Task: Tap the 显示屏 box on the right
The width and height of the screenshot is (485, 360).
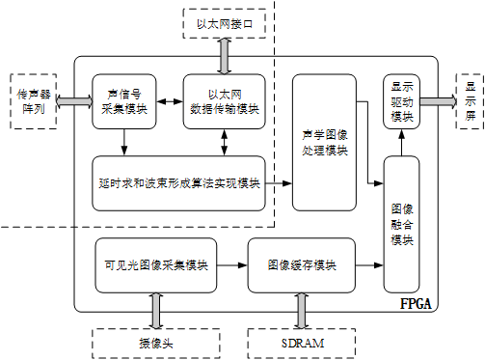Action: [471, 99]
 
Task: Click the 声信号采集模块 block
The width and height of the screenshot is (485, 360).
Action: [123, 101]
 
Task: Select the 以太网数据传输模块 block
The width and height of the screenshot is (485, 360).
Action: [224, 101]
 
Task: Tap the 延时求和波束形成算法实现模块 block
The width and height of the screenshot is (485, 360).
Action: [178, 182]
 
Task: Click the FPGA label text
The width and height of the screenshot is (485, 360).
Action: [416, 304]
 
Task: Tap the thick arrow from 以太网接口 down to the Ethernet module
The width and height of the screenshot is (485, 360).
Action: [224, 57]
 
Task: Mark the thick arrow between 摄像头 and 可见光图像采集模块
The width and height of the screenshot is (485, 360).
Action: [153, 310]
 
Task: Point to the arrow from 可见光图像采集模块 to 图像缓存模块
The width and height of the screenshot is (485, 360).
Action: [231, 263]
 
